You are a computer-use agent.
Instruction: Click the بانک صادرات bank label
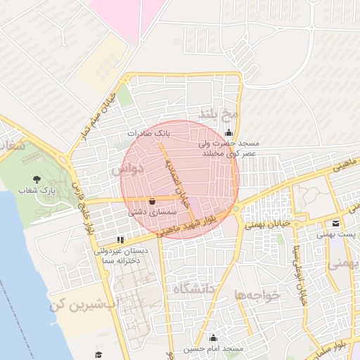click(148, 133)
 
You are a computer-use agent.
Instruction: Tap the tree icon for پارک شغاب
click(37, 180)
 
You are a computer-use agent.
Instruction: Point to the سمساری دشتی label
click(146, 210)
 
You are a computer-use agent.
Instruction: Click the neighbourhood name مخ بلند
click(220, 114)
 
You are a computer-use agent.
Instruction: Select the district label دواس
click(127, 169)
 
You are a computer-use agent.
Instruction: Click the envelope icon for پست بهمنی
click(335, 224)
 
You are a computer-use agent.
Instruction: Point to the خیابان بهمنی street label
click(268, 224)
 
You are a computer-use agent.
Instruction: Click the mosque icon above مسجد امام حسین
click(214, 338)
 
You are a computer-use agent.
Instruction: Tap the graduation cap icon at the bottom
click(99, 354)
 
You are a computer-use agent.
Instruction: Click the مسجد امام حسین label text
click(214, 349)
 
